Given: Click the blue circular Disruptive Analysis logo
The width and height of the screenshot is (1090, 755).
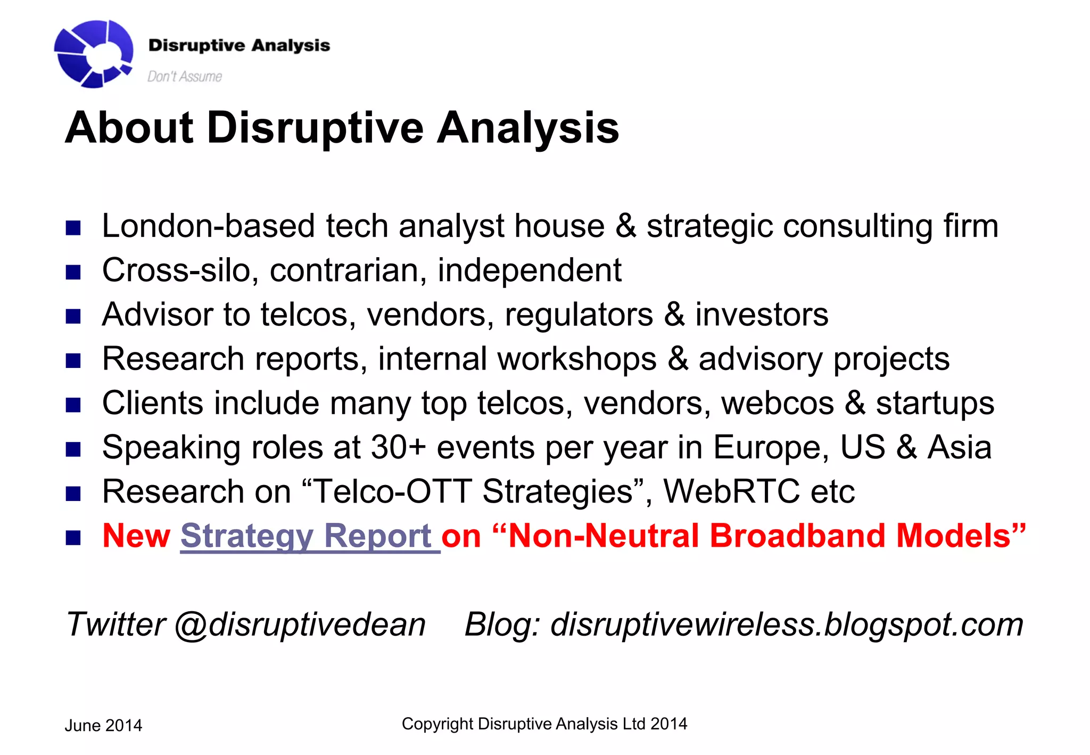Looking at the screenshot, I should (x=93, y=53).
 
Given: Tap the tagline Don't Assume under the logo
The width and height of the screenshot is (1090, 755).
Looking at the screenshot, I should (x=184, y=77).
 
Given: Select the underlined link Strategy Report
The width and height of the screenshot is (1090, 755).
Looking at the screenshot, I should (x=310, y=536).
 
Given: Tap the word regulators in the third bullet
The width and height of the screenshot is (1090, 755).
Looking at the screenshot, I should (x=579, y=314).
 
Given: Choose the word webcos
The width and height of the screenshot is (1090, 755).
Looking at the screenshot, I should (x=777, y=403).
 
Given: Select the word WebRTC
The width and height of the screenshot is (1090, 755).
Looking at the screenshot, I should (x=731, y=491).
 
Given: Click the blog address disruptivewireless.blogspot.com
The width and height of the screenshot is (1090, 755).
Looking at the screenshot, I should (x=787, y=624).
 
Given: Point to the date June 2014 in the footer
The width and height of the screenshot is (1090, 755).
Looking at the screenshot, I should (x=103, y=726).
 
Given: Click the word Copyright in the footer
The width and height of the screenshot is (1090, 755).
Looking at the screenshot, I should (x=437, y=724).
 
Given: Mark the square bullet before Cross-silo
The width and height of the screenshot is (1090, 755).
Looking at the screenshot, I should (x=73, y=273).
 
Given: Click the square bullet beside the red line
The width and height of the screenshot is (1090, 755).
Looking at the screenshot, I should (x=73, y=538).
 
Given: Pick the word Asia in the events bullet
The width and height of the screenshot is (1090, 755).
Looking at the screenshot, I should (x=960, y=447).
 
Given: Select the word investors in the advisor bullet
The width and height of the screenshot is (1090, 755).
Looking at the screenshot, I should (x=762, y=314).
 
